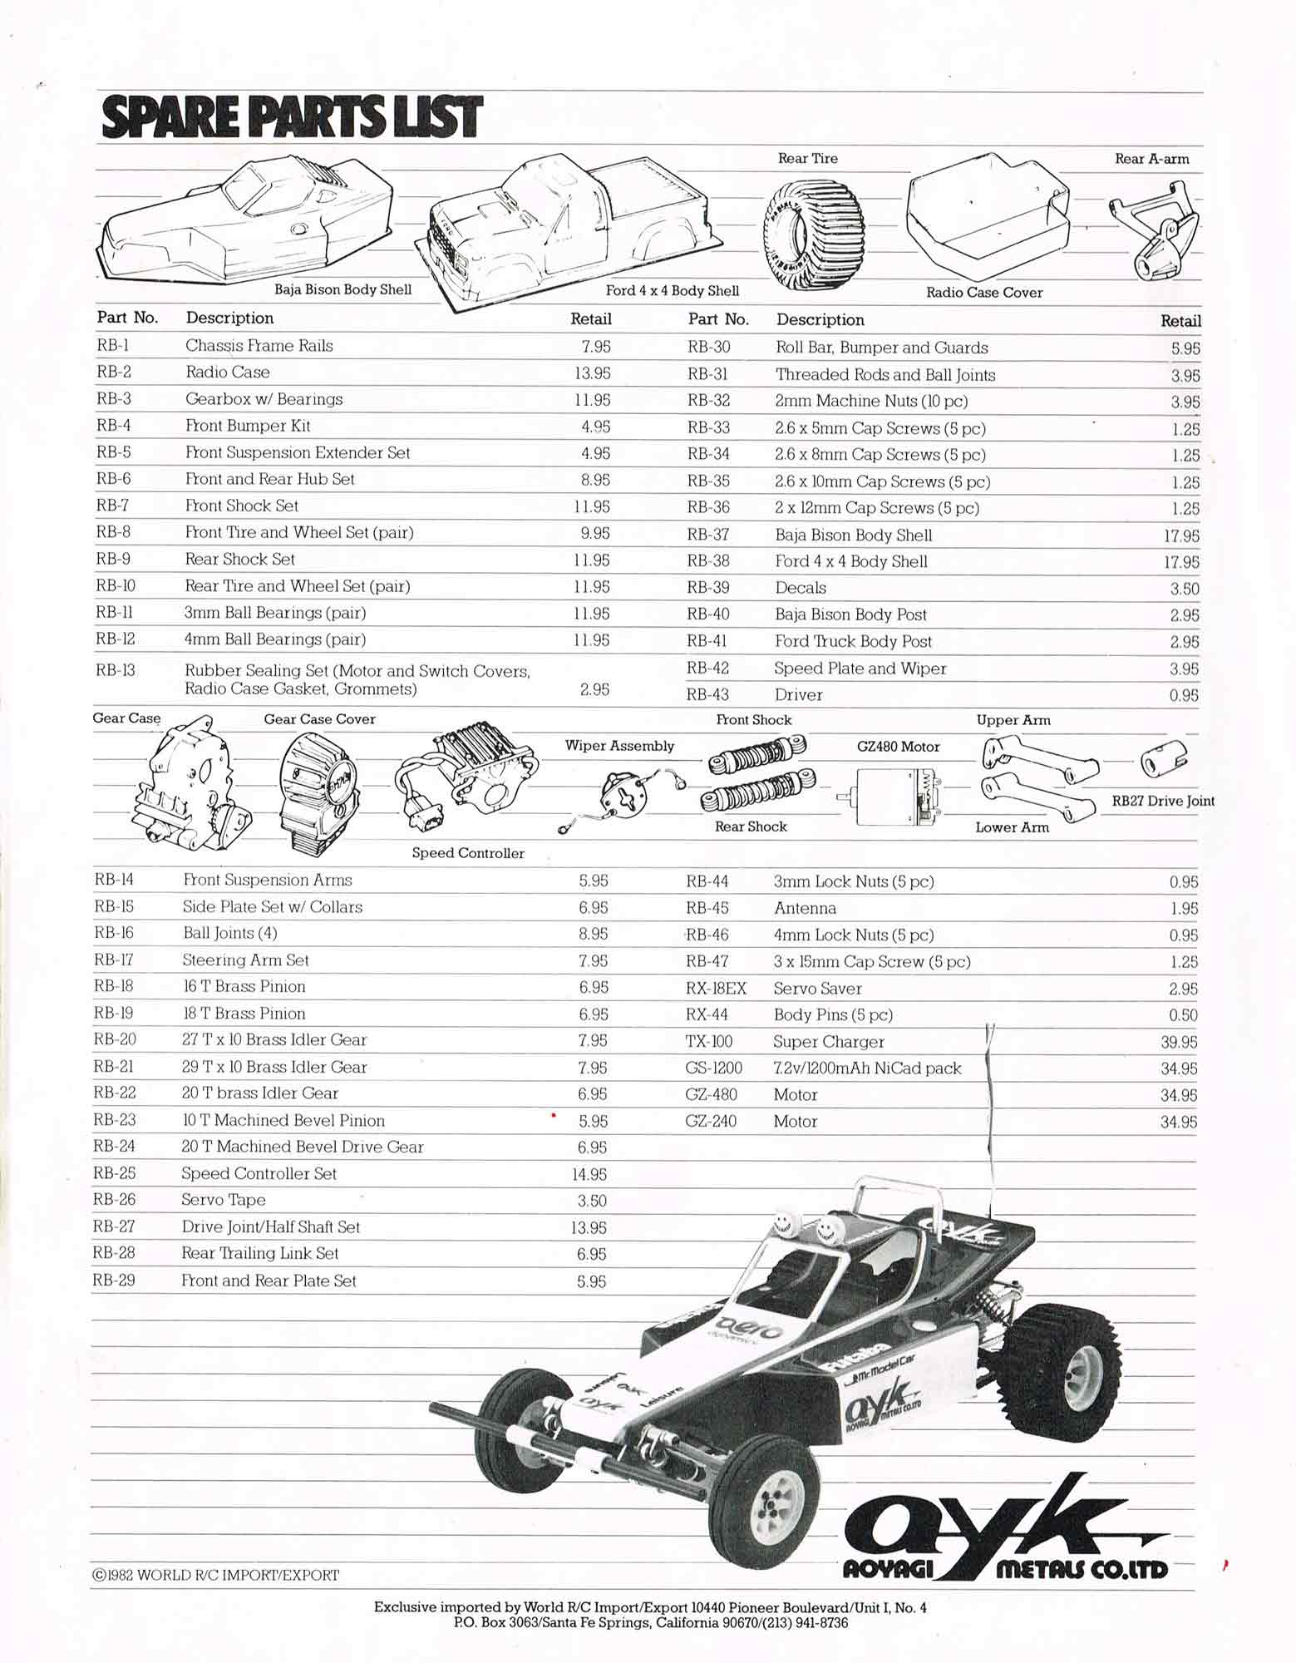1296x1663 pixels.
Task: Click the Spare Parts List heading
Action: pos(291,116)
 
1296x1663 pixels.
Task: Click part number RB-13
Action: pos(116,670)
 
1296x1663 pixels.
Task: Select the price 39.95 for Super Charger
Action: pos(1179,1042)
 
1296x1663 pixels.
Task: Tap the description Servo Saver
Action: pos(817,989)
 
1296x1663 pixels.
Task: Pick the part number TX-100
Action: pos(709,1042)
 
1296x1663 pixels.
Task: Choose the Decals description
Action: pos(801,588)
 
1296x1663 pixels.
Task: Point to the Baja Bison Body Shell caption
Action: pos(343,289)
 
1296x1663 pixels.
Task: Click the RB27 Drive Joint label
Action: pos(1163,802)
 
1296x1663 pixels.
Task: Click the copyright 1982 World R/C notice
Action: pos(216,1575)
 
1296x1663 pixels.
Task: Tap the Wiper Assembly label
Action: pos(619,746)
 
